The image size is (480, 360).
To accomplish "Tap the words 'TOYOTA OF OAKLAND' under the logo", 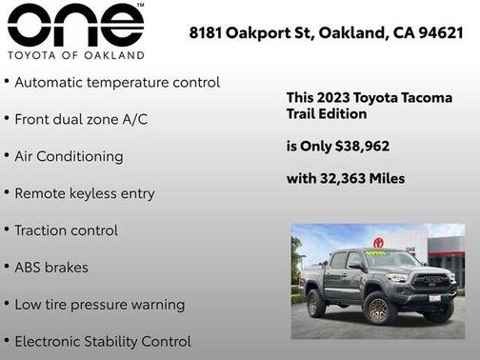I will pyautogui.click(x=75, y=55).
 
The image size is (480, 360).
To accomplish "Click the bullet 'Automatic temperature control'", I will pyautogui.click(x=117, y=83).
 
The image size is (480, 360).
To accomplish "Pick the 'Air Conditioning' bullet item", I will pyautogui.click(x=69, y=156).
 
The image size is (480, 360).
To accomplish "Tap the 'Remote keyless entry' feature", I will pyautogui.click(x=84, y=193).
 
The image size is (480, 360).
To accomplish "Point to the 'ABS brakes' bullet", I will pyautogui.click(x=51, y=268).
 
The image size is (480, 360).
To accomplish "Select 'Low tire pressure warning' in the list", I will pyautogui.click(x=100, y=305).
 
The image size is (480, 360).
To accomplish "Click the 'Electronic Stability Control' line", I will pyautogui.click(x=103, y=341).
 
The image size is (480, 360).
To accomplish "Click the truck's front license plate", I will pyautogui.click(x=434, y=298).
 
